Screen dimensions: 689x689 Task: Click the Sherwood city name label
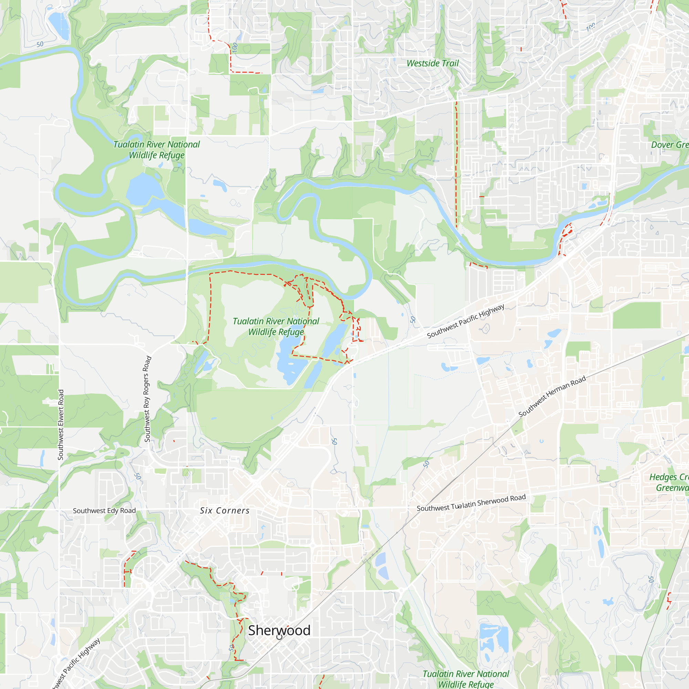[279, 630]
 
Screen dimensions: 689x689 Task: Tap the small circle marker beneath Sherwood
[279, 637]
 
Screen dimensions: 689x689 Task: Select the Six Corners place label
[225, 511]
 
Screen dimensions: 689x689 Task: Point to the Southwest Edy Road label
[104, 511]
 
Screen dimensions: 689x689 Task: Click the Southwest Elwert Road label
[61, 424]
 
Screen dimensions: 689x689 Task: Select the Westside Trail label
[433, 63]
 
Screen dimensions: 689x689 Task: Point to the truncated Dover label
[669, 145]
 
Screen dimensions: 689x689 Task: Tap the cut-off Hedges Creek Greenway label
[669, 482]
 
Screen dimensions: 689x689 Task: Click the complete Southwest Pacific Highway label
[466, 321]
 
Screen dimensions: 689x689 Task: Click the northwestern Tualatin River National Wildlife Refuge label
[156, 150]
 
